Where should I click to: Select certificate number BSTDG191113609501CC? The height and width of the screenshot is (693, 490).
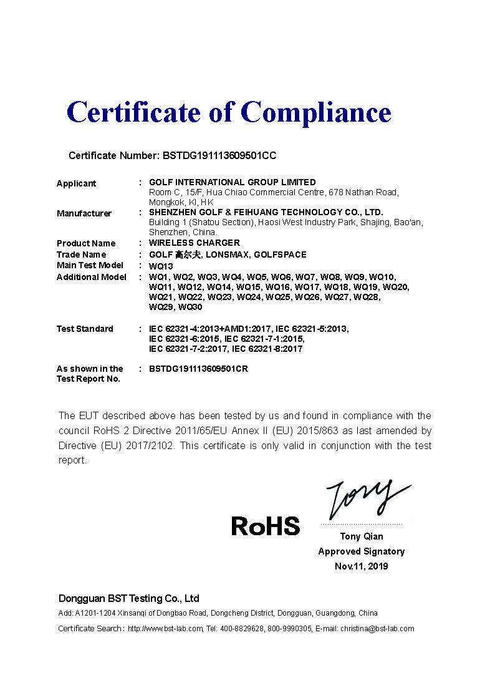[219, 155]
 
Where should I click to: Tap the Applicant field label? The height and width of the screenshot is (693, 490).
[76, 183]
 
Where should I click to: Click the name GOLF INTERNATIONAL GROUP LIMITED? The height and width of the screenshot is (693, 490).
[232, 182]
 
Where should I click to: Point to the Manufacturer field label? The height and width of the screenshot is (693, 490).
[84, 213]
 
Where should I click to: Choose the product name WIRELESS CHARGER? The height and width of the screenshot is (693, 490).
[195, 243]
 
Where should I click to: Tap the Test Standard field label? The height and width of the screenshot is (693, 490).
[85, 329]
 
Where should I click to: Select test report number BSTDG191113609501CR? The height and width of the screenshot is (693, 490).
[198, 369]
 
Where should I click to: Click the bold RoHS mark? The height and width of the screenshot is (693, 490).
[266, 526]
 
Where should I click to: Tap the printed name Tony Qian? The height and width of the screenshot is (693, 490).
[362, 536]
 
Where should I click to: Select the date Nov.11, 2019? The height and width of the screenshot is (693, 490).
[362, 566]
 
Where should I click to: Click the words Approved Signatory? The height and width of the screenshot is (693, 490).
[362, 551]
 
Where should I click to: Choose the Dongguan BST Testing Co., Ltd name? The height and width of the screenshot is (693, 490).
[129, 598]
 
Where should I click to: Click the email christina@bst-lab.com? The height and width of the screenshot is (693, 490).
[377, 629]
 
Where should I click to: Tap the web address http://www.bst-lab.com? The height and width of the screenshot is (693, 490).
[165, 629]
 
